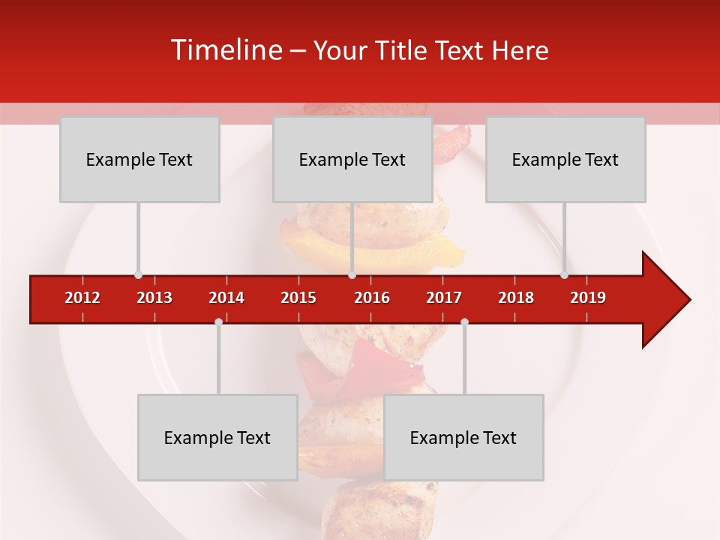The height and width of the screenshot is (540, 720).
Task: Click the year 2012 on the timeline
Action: pos(82,298)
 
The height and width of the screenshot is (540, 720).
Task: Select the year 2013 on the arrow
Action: pos(154,298)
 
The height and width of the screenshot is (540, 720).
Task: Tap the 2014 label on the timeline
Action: pos(226,298)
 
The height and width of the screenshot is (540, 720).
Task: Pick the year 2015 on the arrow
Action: pos(298,298)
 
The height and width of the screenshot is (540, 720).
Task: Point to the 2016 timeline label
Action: pos(372,298)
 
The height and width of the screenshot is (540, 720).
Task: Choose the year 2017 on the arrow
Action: pos(444,298)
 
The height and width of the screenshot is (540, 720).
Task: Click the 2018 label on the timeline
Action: pos(516,298)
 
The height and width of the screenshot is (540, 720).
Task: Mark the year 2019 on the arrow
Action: pos(588,298)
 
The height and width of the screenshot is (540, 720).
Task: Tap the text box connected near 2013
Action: pos(139,159)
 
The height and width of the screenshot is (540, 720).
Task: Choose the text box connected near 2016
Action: pos(352,159)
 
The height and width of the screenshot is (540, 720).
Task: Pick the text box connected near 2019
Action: pos(565,159)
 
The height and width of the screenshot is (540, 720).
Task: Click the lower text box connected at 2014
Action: pos(217,437)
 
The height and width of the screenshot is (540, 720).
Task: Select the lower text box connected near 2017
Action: pos(463,437)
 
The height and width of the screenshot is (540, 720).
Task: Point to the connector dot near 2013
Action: pos(138,274)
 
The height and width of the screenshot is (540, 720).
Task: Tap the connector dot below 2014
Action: pos(218,322)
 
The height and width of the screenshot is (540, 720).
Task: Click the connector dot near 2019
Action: pos(564,274)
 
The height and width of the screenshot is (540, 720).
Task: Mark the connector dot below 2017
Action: pos(464,322)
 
